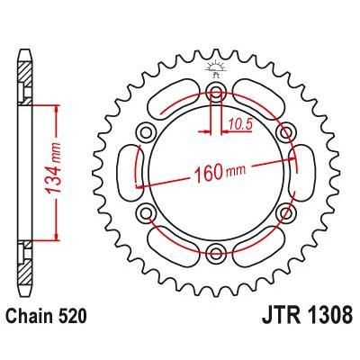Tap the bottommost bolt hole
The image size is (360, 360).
point(216,251)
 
